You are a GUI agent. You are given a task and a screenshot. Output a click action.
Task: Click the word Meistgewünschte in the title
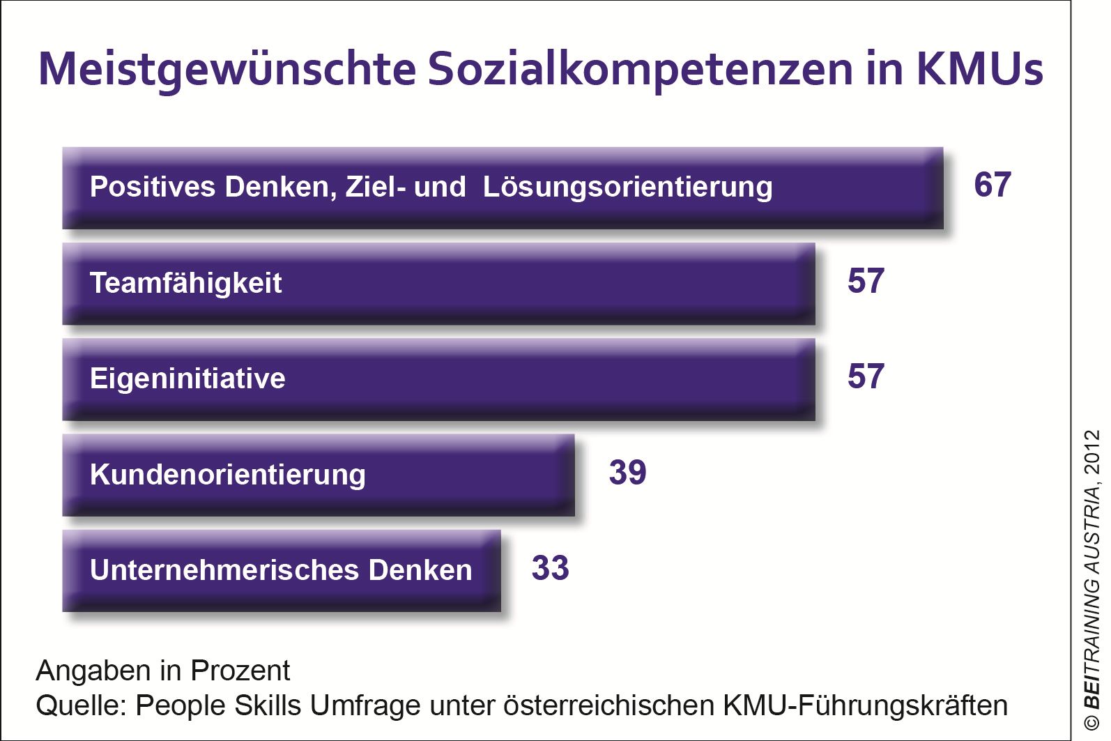point(227,70)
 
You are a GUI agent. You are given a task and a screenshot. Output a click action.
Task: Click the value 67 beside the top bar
point(993,185)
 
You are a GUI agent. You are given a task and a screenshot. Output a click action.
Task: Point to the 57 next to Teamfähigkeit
point(866,281)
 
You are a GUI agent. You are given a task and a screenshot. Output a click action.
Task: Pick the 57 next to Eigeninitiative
point(866,376)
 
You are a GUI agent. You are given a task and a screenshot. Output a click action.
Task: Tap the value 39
point(627,473)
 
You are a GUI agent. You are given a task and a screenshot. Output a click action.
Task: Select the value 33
point(550,568)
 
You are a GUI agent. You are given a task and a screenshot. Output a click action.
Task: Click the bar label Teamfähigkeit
point(185,283)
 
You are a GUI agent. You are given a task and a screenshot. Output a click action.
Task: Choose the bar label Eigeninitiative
point(187,379)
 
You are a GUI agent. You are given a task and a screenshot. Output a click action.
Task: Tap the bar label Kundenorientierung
point(227,475)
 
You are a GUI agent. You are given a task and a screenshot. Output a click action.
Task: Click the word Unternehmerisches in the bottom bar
point(224,570)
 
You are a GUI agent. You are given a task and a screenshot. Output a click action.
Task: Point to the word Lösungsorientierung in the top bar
point(627,188)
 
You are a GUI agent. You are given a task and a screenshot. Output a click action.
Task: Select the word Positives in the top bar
point(153,187)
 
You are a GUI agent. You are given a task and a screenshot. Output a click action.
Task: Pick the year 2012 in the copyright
point(1092,451)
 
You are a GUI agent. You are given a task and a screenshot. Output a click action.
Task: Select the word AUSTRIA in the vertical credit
point(1092,529)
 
